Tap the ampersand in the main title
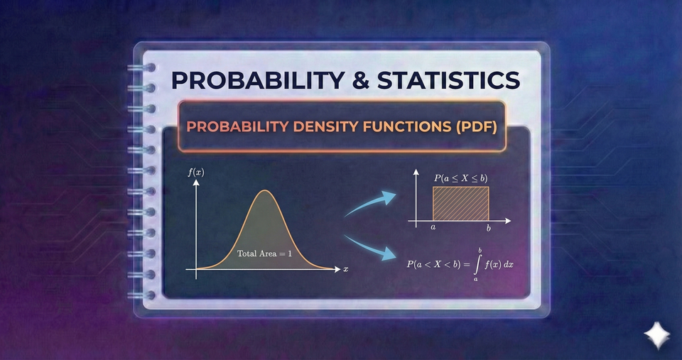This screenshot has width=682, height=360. pyautogui.click(x=356, y=79)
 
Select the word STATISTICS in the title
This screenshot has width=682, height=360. pyautogui.click(x=448, y=79)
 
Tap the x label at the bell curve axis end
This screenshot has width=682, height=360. pyautogui.click(x=346, y=270)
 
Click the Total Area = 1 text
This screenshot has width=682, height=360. pyautogui.click(x=265, y=253)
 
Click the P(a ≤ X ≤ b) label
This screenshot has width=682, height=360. pyautogui.click(x=460, y=178)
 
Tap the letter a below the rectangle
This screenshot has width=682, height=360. pyautogui.click(x=433, y=229)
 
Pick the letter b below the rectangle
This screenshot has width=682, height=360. pyautogui.click(x=489, y=229)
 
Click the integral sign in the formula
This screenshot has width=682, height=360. pyautogui.click(x=480, y=264)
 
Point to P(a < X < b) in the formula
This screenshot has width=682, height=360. pyautogui.click(x=435, y=264)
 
